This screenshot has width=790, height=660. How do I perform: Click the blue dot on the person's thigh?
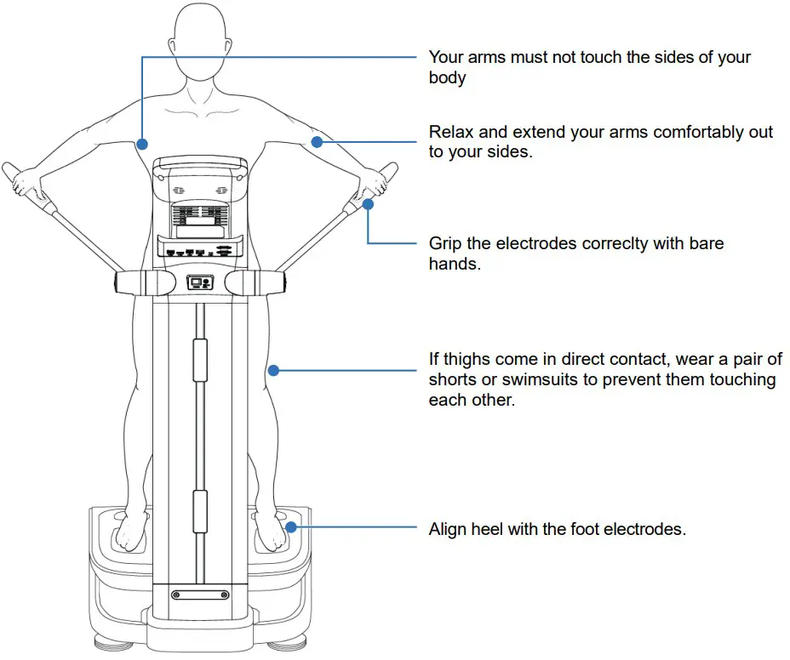[273, 370]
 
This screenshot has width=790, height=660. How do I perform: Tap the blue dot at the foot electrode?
[291, 527]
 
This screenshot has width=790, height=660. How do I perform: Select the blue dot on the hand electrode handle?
[368, 204]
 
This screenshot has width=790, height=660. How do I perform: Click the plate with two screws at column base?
[200, 595]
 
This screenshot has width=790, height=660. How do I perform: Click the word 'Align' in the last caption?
[449, 529]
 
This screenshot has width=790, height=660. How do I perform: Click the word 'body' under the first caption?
[448, 77]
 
